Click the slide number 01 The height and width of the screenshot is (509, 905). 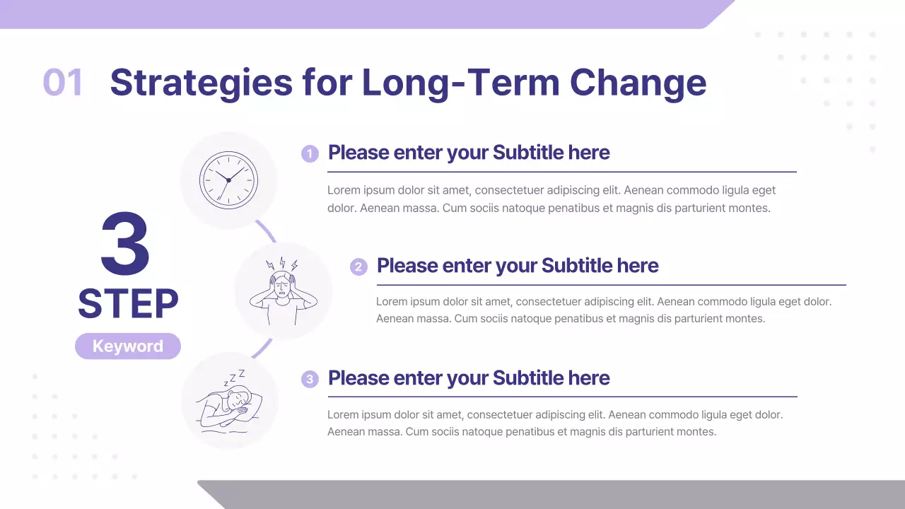[63, 83]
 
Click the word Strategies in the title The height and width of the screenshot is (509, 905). [201, 83]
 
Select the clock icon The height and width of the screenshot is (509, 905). [228, 180]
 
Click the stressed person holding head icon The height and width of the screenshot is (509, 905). [283, 291]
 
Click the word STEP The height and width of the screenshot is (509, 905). [128, 304]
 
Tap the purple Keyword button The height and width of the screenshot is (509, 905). [128, 346]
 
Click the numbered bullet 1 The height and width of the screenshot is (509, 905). [310, 153]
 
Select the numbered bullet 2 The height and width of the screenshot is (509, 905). [358, 267]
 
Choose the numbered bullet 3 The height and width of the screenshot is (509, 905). [310, 379]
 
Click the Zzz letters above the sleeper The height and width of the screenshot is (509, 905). [235, 377]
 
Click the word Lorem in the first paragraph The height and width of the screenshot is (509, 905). [342, 190]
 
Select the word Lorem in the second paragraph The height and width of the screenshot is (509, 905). [391, 301]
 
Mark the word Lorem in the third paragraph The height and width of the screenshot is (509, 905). [342, 414]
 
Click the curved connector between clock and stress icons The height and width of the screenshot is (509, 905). [266, 231]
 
